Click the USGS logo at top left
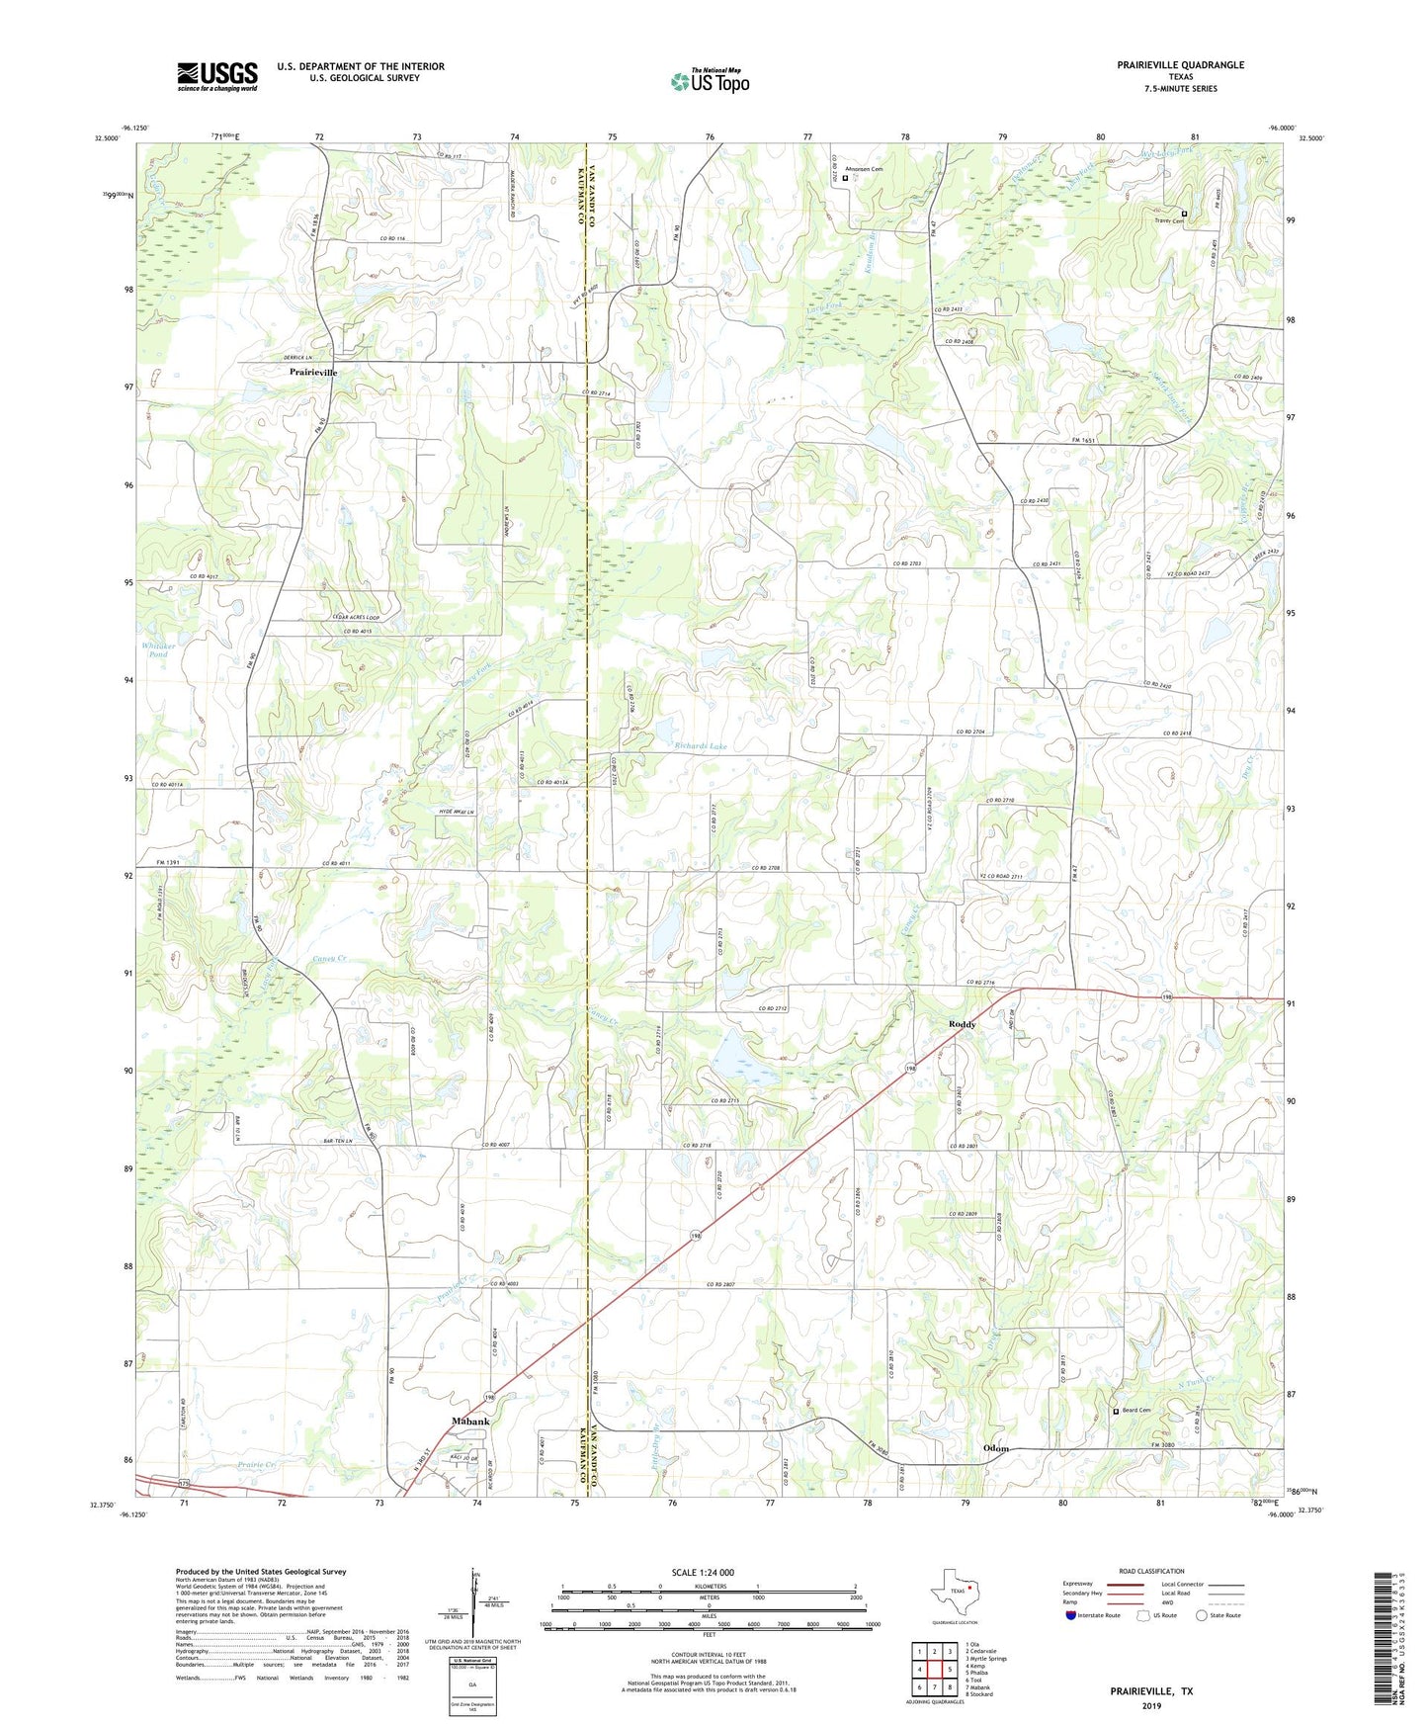(x=216, y=75)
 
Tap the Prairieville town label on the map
(x=312, y=373)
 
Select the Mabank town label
(x=470, y=1421)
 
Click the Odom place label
(x=996, y=1448)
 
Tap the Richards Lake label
(x=700, y=746)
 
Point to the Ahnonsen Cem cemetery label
(x=864, y=169)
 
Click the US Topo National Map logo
(x=710, y=80)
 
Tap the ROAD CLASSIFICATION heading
(x=1150, y=1571)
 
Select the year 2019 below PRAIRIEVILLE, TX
(x=1150, y=1705)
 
